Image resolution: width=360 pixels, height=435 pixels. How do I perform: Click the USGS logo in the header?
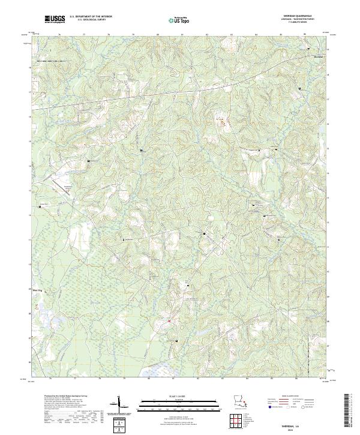55,20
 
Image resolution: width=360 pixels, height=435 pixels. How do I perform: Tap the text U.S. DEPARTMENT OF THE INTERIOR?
90,17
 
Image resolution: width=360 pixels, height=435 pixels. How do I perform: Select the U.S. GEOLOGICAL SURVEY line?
90,21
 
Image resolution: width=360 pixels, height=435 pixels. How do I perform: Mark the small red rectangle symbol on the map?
170,320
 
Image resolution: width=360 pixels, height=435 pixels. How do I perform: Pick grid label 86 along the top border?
305,35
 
